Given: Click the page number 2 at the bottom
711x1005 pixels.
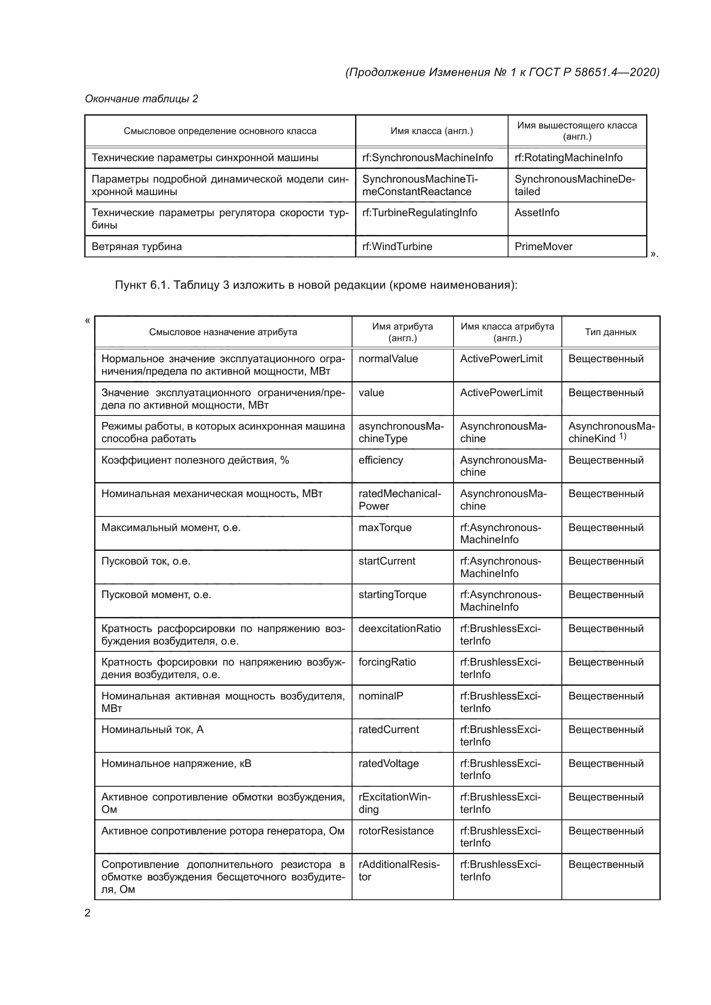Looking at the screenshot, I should click(88, 913).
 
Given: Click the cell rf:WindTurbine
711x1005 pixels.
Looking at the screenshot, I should click(397, 247).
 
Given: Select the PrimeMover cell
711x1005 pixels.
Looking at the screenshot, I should click(543, 247).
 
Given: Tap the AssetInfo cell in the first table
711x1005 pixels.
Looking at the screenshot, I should click(537, 213).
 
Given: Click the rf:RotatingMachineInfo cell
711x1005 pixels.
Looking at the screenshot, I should click(568, 158).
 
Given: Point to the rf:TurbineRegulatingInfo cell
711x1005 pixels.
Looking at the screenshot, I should click(420, 213).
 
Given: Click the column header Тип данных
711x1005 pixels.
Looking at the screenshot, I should click(610, 332).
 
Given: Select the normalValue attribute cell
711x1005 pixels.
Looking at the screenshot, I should click(388, 359).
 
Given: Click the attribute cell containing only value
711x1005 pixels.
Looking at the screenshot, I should click(371, 393).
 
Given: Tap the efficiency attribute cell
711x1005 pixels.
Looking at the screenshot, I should click(380, 460).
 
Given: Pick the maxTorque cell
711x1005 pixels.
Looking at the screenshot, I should click(385, 528).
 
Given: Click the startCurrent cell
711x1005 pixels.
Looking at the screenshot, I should click(386, 561).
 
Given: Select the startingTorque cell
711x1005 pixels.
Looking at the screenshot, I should click(392, 595).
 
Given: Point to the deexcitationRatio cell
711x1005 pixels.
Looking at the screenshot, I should click(399, 629).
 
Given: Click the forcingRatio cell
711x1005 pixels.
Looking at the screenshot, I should click(387, 662).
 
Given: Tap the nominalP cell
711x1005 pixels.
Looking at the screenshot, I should click(380, 696).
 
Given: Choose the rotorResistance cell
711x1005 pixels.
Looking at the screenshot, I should click(396, 831).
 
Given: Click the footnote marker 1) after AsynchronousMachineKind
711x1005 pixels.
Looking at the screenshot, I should click(622, 437).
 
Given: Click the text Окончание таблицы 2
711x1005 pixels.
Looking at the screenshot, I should click(141, 99).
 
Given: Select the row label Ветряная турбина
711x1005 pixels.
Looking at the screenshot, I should click(137, 247).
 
